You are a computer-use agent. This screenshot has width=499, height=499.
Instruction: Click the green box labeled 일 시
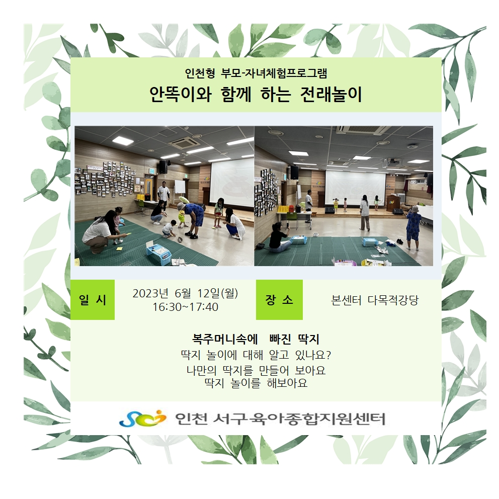(92, 299)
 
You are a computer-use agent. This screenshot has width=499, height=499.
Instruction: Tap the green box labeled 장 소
(279, 299)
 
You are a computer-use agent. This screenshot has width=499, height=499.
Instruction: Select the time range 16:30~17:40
(186, 307)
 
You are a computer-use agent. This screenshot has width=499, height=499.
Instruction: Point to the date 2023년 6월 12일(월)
(185, 293)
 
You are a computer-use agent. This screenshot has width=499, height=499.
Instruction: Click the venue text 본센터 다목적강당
(375, 300)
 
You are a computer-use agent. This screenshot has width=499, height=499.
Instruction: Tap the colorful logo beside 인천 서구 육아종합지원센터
(142, 418)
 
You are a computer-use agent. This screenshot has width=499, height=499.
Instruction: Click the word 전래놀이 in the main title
(331, 94)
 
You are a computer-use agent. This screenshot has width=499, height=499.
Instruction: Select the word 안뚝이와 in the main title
(181, 94)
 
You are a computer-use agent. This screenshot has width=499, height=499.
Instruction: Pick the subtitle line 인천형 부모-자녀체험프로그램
(256, 73)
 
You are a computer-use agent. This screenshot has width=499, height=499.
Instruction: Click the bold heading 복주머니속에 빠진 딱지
(256, 339)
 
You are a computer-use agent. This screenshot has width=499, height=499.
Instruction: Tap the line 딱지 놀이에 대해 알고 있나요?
(256, 355)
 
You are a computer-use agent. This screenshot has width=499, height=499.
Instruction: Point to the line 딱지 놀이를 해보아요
(256, 383)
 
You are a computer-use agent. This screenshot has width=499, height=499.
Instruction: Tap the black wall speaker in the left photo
(163, 167)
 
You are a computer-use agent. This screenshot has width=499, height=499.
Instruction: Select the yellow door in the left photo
(148, 189)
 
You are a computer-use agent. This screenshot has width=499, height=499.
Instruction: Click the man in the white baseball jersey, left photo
(163, 195)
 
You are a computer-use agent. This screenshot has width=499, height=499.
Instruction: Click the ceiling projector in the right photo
(392, 163)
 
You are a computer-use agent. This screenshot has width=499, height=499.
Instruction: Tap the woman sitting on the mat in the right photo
(279, 238)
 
